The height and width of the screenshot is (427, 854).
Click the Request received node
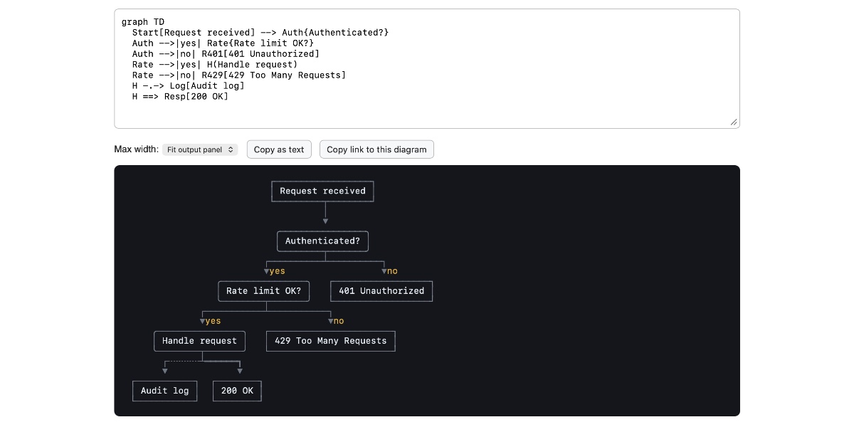coord(322,191)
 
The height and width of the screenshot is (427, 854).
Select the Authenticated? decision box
coord(322,241)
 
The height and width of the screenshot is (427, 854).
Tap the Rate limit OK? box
coord(263,291)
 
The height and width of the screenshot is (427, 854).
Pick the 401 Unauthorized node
coord(381,291)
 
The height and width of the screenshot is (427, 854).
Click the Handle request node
coord(199,341)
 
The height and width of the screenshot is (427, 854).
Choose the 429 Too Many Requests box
coord(330,341)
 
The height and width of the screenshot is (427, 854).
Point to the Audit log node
coord(164,391)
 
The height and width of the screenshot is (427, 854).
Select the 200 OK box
coord(237,391)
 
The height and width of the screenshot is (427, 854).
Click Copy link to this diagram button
coord(376,149)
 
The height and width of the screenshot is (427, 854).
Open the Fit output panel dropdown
coord(200,149)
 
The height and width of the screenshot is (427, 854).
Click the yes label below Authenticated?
coord(277,271)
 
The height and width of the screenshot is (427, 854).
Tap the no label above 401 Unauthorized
coord(392,271)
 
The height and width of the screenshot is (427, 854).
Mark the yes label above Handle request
coord(213,321)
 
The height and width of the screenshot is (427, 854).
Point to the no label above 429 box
coord(339,321)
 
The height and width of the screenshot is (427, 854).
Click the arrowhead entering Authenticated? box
coord(325,221)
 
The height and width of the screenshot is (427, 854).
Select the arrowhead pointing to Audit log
coord(164,371)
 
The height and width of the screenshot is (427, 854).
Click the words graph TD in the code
coord(143,22)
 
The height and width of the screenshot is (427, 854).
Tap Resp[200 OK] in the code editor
coord(196,97)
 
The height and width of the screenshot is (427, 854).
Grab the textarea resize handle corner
coord(734,122)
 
